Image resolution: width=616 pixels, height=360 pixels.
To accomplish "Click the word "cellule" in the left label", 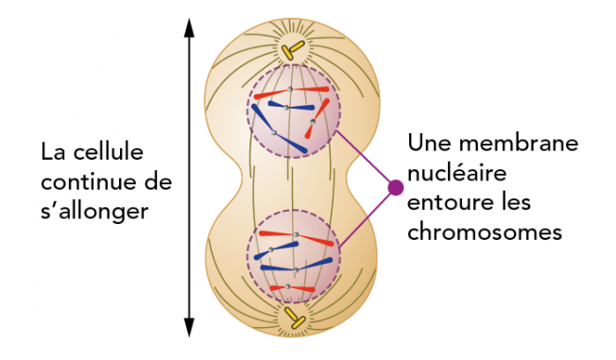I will coord(103,151).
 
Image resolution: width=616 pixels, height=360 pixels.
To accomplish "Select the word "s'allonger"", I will coord(94,211).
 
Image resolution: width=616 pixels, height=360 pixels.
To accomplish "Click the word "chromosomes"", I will coord(485,231).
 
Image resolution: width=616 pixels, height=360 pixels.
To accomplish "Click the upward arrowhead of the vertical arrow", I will coord(189,26).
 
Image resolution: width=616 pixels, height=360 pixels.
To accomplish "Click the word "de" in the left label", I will coord(162,180).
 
